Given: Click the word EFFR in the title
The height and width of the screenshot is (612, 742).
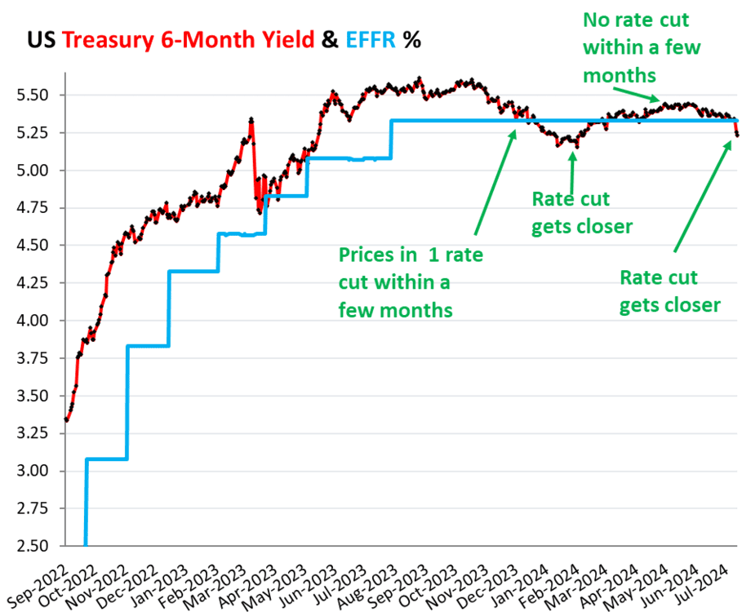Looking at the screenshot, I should (x=372, y=39).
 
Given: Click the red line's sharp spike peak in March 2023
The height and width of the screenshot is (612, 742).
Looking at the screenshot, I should (x=251, y=120).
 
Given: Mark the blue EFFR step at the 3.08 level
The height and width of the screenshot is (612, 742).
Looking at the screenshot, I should (x=106, y=459).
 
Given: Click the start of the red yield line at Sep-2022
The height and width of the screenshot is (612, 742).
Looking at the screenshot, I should (x=67, y=420).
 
